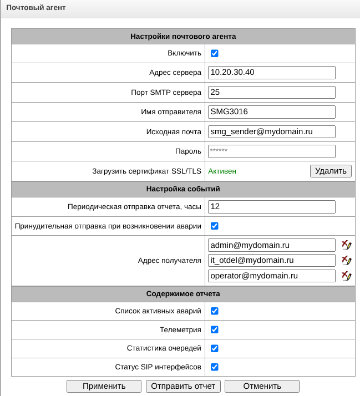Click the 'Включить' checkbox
(x=215, y=53)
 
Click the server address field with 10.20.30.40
(x=272, y=73)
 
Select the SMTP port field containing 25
(x=272, y=92)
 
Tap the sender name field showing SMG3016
(x=272, y=112)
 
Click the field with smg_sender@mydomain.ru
(x=272, y=131)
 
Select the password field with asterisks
(x=272, y=151)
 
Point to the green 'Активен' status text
(x=222, y=171)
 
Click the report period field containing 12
(x=272, y=206)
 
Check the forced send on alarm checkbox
(x=215, y=226)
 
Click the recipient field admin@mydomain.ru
(x=272, y=245)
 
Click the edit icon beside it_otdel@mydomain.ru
(x=347, y=260)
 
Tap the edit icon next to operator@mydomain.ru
(x=347, y=276)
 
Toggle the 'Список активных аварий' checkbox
(x=215, y=311)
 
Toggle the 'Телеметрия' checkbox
(x=215, y=329)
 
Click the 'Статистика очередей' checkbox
(x=215, y=348)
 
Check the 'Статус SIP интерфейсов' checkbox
(x=215, y=367)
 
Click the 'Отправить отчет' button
(x=184, y=386)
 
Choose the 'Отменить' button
(x=262, y=386)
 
